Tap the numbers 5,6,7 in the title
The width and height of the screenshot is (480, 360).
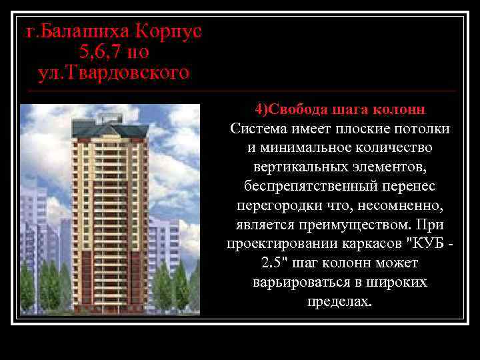coord(100,51)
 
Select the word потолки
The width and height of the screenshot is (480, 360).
coord(419,128)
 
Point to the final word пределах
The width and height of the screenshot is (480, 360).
coord(340,301)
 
